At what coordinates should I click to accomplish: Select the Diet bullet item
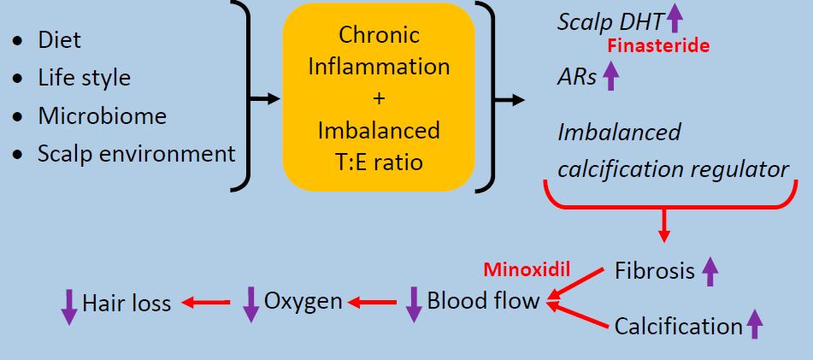(59, 40)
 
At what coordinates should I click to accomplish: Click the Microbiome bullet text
(102, 115)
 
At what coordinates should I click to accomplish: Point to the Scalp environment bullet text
(136, 154)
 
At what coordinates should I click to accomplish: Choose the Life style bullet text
(84, 78)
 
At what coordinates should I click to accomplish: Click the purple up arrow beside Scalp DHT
(675, 16)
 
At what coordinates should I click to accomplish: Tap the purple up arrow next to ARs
(610, 78)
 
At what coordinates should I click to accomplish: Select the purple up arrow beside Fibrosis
(709, 272)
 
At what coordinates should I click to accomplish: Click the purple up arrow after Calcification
(754, 325)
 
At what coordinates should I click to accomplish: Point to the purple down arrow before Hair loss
(68, 305)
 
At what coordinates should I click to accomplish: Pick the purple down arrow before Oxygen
(250, 304)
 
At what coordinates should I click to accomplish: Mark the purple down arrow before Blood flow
(414, 304)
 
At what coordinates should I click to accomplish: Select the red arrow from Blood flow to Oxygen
(372, 301)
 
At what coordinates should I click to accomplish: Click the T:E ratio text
(380, 159)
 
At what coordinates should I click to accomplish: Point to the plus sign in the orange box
(379, 97)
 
